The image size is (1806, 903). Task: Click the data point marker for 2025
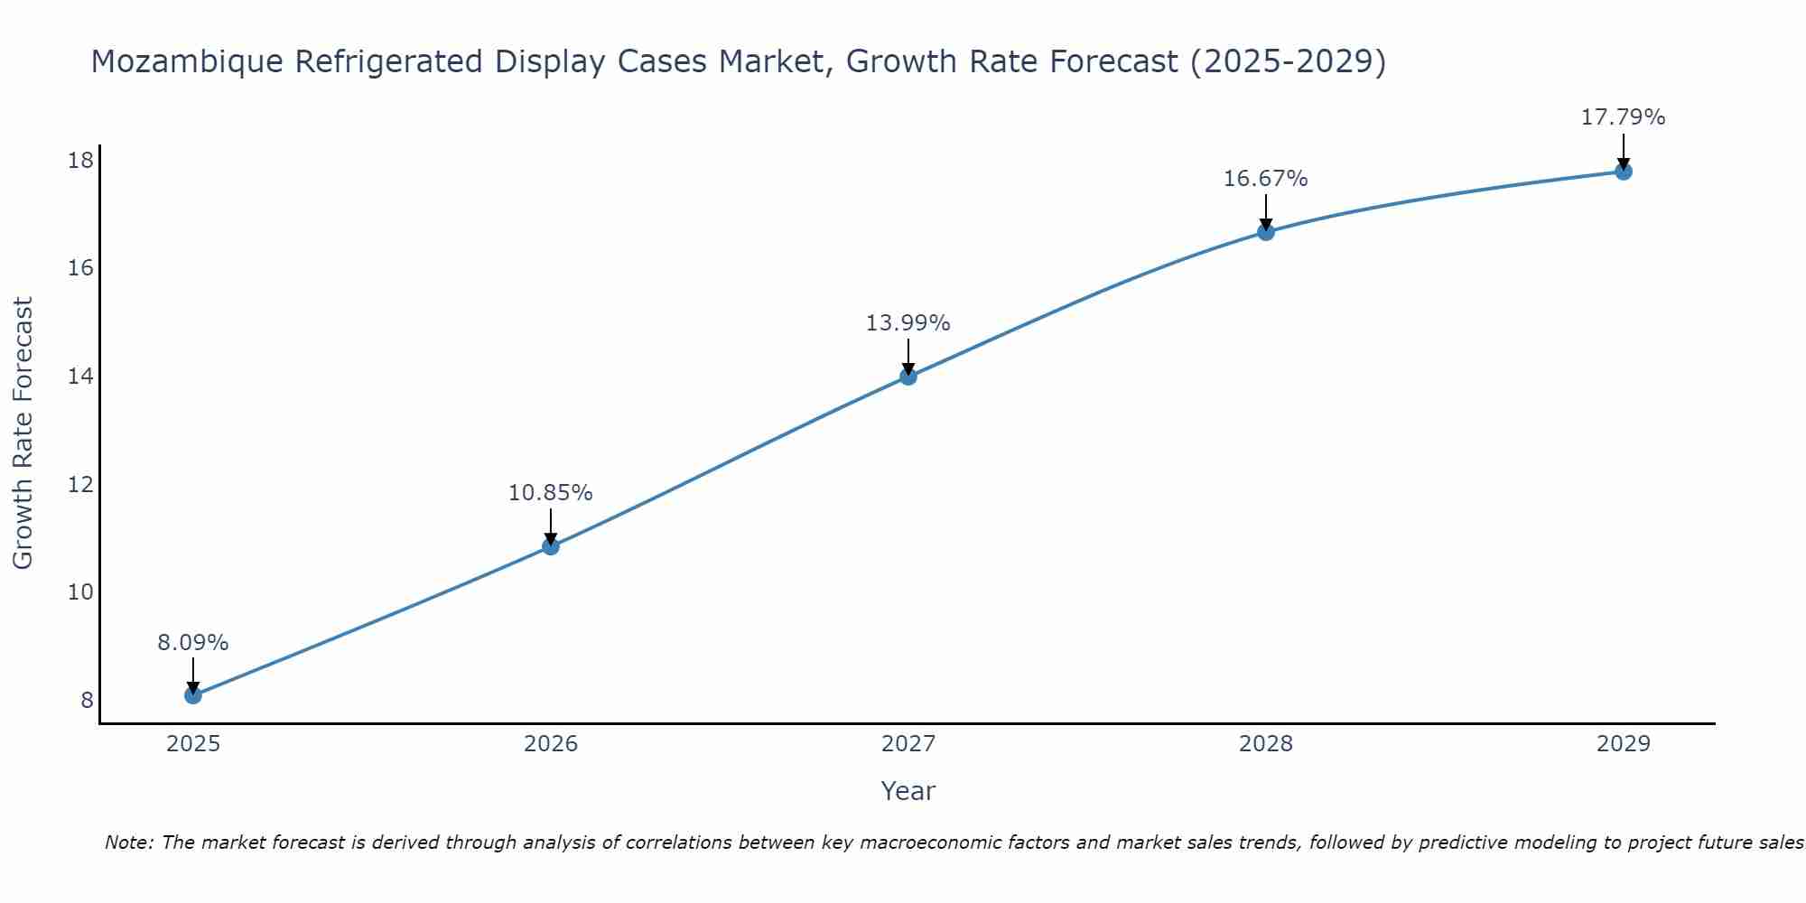pos(192,695)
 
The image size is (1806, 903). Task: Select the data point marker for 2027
pos(908,377)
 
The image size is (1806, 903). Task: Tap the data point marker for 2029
pos(1623,172)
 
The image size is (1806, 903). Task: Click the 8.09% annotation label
pos(192,643)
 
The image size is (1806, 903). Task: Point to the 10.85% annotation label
pos(550,493)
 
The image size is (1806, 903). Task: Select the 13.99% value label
pos(908,323)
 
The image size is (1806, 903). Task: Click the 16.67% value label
pos(1265,179)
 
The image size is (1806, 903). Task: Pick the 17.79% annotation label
pos(1623,117)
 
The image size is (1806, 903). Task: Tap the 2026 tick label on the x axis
pos(551,744)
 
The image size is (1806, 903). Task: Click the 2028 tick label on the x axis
pos(1265,744)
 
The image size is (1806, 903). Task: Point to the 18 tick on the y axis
pos(81,161)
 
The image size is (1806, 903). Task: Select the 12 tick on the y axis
pos(81,485)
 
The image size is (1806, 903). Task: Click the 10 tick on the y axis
pos(81,592)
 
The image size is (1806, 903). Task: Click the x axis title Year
pos(908,791)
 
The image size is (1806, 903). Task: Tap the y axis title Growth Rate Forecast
pos(23,433)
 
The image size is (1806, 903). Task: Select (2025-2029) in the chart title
pos(1287,62)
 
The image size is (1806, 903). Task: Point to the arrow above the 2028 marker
pos(1265,213)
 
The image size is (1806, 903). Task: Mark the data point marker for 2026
pos(551,546)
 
